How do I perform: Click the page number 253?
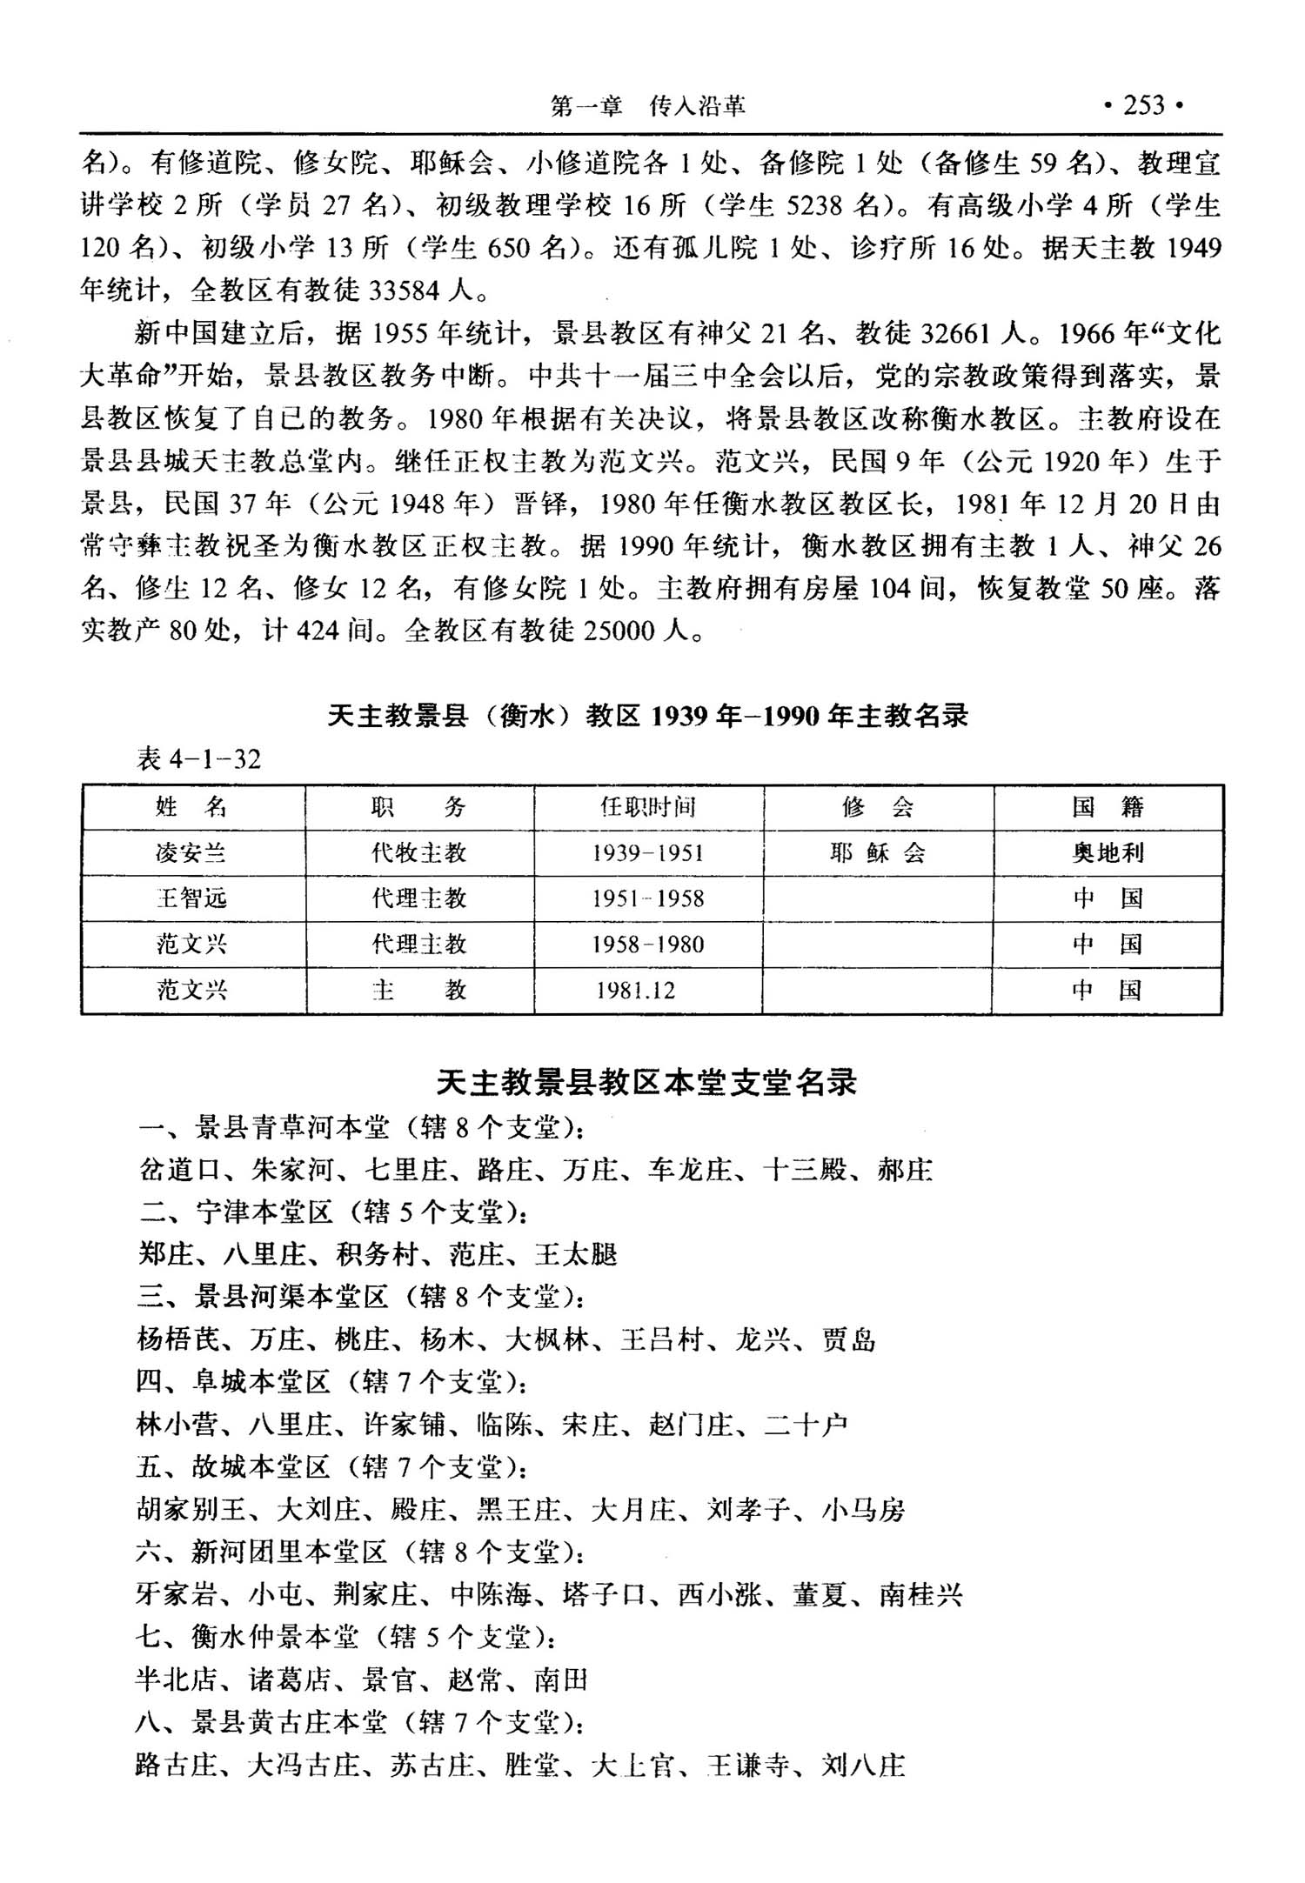click(1143, 105)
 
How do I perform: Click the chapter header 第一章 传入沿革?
click(648, 106)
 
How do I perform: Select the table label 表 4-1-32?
click(199, 759)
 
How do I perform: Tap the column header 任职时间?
click(648, 807)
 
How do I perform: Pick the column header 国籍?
click(1108, 807)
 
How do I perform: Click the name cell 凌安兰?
click(191, 853)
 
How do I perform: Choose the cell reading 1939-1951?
click(648, 853)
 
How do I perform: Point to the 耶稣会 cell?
click(878, 853)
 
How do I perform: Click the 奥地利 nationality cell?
click(1108, 853)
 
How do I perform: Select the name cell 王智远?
click(191, 898)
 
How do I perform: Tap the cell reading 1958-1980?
click(648, 945)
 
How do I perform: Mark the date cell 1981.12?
click(636, 991)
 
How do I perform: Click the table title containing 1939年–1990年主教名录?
click(648, 716)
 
